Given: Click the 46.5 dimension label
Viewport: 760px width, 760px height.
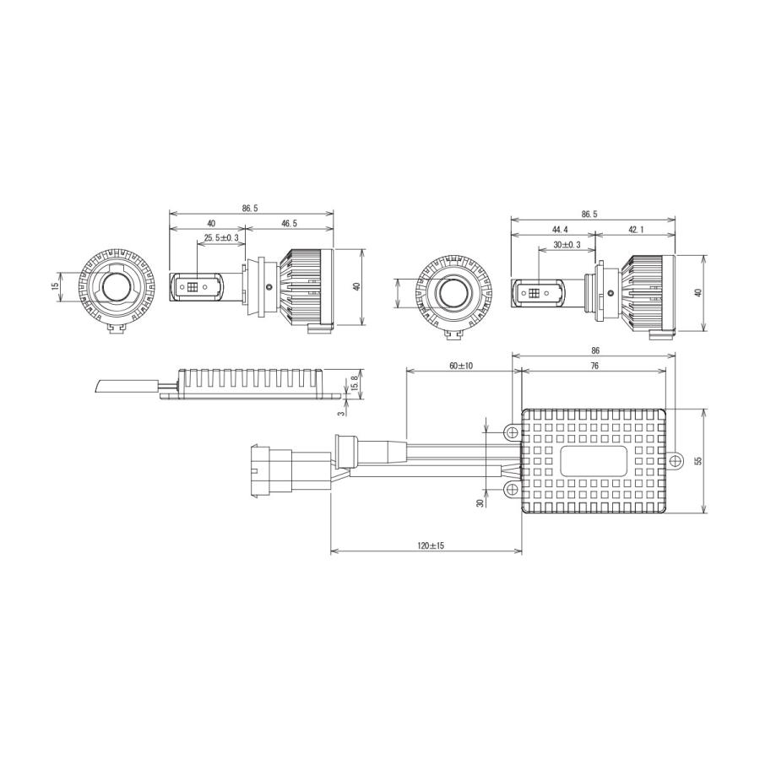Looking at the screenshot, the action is coord(289,224).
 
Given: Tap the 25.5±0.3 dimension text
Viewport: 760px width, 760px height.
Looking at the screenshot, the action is coord(221,238).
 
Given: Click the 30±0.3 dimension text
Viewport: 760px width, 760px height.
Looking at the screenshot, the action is coord(567,245).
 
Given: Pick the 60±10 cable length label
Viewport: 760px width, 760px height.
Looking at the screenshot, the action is coord(460,366).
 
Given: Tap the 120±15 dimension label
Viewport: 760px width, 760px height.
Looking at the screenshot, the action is coord(431,546).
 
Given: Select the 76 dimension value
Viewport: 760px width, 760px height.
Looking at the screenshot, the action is coord(594,366).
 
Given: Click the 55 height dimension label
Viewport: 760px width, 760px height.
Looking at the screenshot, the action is coord(698,460).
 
